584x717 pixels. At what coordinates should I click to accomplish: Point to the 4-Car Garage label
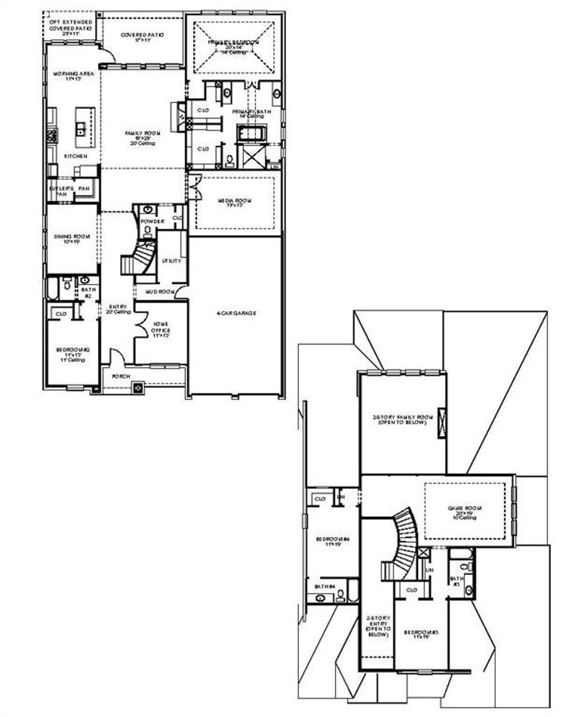point(236,313)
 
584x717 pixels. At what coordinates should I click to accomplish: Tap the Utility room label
point(172,261)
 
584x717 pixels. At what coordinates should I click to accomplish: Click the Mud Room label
point(160,291)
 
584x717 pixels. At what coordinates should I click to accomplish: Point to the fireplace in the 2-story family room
point(442,423)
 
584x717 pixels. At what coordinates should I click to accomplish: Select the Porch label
point(121,376)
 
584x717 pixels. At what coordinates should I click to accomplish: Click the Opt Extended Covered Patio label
point(71,28)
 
